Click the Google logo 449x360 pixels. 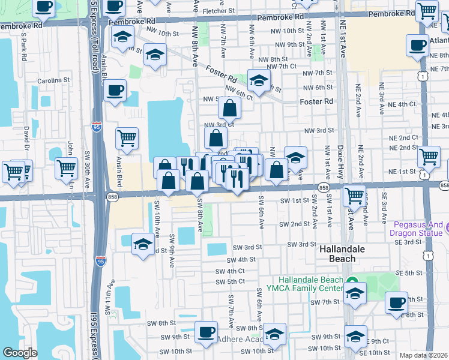[20, 353]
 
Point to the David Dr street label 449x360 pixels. [26, 138]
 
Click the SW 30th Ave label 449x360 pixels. [86, 172]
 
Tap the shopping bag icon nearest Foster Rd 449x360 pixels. [229, 109]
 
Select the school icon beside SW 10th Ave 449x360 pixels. [143, 244]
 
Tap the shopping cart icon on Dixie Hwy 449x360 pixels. [355, 195]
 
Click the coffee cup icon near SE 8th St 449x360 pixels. [396, 303]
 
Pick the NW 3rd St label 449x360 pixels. [318, 131]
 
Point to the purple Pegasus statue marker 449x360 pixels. [445, 229]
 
